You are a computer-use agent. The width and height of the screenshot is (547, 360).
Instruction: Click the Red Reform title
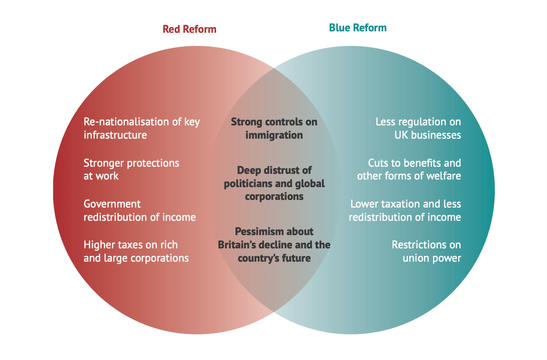tap(189, 29)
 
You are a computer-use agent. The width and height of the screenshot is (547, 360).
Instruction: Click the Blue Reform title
tap(358, 28)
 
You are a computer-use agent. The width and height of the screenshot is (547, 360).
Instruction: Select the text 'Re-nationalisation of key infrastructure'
tap(141, 128)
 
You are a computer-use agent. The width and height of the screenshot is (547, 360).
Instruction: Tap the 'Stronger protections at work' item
tap(131, 170)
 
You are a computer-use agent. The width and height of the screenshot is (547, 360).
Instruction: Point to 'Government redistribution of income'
tap(140, 210)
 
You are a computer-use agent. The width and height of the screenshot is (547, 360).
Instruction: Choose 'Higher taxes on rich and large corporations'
tap(136, 251)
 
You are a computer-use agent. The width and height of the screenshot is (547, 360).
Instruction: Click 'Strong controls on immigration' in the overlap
tap(274, 128)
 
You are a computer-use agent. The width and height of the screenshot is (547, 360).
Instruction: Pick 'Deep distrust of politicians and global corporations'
tap(274, 183)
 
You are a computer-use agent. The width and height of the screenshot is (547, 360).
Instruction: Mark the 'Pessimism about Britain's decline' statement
tap(274, 245)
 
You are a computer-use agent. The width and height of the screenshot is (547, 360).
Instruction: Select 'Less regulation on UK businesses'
tap(418, 128)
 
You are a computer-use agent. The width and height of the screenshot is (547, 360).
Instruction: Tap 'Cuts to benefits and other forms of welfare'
tap(409, 170)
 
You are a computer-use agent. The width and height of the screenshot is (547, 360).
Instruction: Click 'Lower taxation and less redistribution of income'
tap(405, 210)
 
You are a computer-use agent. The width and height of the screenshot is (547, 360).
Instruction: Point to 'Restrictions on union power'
tap(426, 251)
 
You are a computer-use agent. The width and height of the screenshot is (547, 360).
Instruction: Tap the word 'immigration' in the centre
tap(274, 135)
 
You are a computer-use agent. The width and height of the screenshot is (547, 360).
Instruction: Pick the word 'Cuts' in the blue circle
tap(378, 163)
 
